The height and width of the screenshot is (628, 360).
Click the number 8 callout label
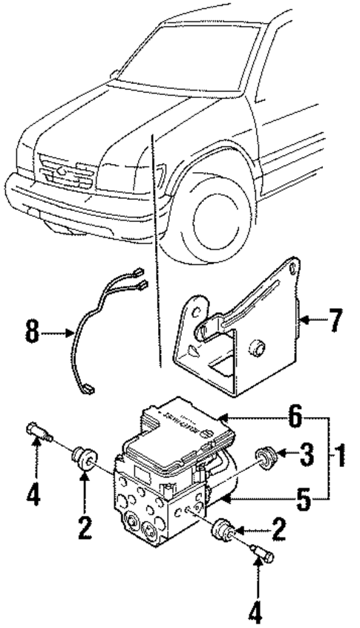32,332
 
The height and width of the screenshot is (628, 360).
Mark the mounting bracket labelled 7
238,334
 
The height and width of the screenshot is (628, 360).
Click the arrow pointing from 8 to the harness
56,333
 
